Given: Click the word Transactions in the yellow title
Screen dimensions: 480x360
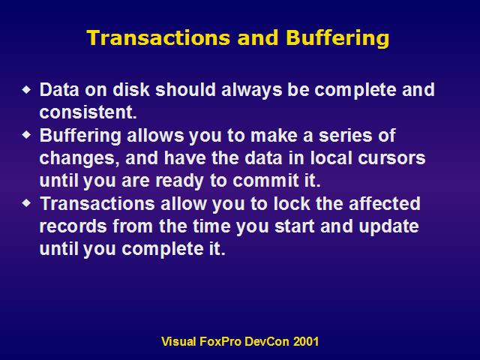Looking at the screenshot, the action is pyautogui.click(x=158, y=38).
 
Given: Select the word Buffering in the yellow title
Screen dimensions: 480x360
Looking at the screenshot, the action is pyautogui.click(x=337, y=39).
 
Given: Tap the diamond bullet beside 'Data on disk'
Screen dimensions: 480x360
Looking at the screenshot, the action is pyautogui.click(x=27, y=90).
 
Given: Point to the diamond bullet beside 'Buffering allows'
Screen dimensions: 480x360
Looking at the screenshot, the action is pyautogui.click(x=27, y=135).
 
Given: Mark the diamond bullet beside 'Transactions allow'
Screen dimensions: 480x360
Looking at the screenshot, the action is pyautogui.click(x=27, y=203).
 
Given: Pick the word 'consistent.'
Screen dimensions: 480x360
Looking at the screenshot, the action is pyautogui.click(x=88, y=112).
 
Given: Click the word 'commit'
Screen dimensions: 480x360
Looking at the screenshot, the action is pyautogui.click(x=265, y=180).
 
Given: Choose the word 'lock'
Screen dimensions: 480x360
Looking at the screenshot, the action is pyautogui.click(x=292, y=203).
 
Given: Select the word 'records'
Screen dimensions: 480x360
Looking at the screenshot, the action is pyautogui.click(x=73, y=226).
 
